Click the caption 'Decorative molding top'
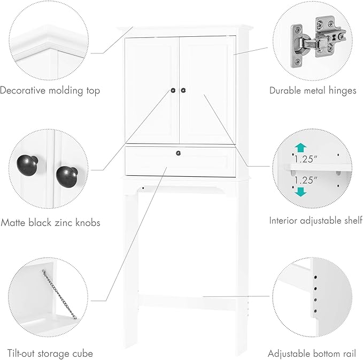click(50, 91)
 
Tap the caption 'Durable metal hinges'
click(312, 91)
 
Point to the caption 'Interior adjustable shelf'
click(315, 220)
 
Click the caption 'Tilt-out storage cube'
click(50, 353)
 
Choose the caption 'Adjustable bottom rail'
click(312, 353)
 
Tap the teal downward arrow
click(300, 191)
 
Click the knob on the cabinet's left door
click(174, 90)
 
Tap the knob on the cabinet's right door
click(183, 90)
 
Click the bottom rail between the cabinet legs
click(181, 296)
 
